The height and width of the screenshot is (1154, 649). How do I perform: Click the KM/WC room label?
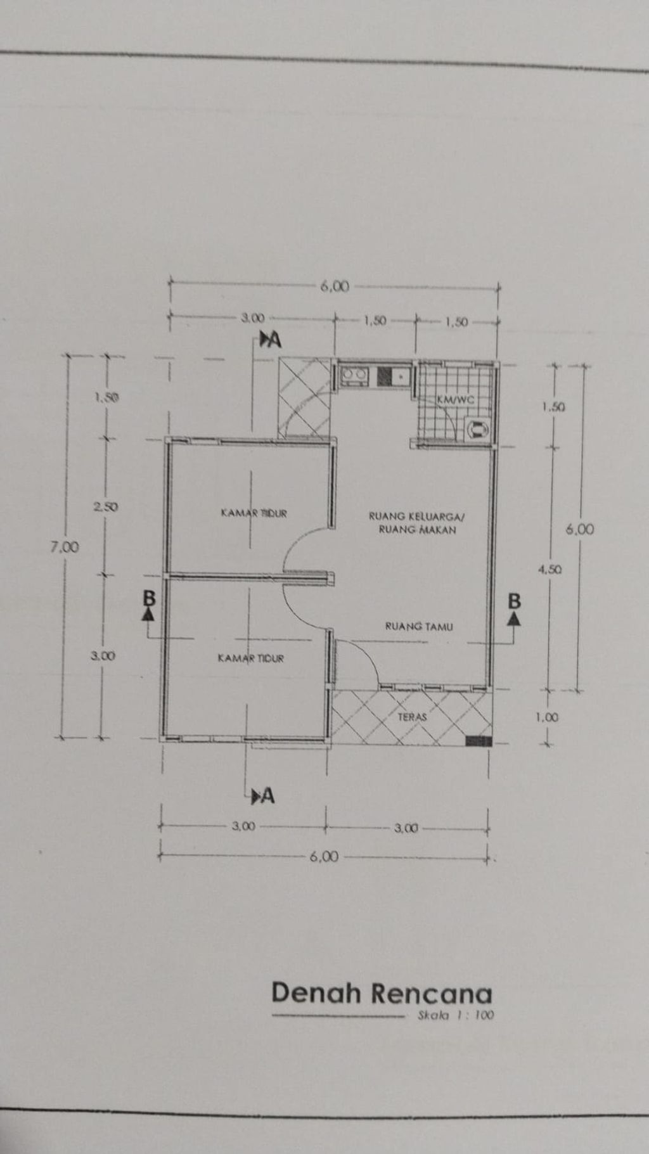pyautogui.click(x=455, y=400)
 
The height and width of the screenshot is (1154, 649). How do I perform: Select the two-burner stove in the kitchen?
pyautogui.click(x=353, y=375)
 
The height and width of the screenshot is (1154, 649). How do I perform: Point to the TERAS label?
pyautogui.click(x=412, y=717)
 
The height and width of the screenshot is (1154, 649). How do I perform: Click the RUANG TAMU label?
pyautogui.click(x=419, y=627)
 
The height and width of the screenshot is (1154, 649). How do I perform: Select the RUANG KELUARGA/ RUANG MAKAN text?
pyautogui.click(x=417, y=523)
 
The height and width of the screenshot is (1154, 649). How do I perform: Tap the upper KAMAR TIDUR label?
pyautogui.click(x=254, y=513)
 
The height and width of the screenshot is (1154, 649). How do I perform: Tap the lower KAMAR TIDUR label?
pyautogui.click(x=251, y=658)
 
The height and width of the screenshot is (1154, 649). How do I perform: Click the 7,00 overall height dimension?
pyautogui.click(x=65, y=547)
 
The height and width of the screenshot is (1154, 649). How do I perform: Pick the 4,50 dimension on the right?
pyautogui.click(x=549, y=569)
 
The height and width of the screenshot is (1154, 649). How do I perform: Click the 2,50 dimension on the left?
pyautogui.click(x=105, y=506)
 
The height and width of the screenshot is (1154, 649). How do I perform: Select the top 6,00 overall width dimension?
pyautogui.click(x=335, y=286)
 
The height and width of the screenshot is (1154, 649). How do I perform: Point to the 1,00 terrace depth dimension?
pyautogui.click(x=546, y=717)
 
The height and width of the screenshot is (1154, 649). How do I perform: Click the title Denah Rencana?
pyautogui.click(x=382, y=994)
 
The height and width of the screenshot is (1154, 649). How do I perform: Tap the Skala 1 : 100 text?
pyautogui.click(x=456, y=1015)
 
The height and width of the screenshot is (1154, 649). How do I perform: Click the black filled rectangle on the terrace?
pyautogui.click(x=479, y=740)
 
